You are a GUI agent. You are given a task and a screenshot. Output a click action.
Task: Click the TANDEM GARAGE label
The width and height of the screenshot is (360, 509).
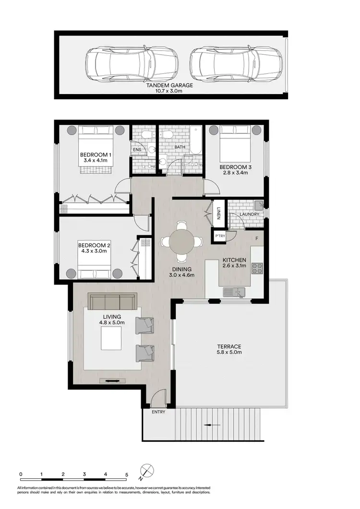point(170,85)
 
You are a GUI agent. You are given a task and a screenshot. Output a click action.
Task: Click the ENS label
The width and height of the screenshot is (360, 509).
point(137,149)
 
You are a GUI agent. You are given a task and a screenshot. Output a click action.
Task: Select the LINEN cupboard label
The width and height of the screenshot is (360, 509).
point(218,213)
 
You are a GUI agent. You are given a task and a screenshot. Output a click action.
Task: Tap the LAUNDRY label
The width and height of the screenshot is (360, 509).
point(250,214)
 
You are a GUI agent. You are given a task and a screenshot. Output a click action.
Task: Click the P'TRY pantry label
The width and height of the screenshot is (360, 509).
point(220,236)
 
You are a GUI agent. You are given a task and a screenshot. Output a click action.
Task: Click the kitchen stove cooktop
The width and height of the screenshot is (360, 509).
point(257,268)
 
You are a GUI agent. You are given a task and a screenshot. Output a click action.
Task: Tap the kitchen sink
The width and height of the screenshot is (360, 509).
point(234,291)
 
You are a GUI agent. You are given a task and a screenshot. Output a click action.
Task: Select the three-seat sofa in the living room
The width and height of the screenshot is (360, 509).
point(111,302)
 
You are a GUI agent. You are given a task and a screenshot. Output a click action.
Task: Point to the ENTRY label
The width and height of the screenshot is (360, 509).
point(158,412)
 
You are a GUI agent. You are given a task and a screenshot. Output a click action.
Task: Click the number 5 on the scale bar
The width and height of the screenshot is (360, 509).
point(127,474)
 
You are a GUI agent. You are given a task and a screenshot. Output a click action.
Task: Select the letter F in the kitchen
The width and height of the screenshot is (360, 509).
point(257,238)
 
